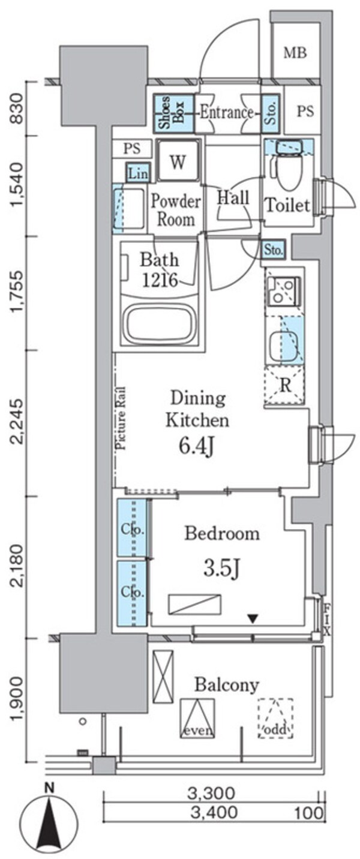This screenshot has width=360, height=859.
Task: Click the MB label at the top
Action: (295, 53)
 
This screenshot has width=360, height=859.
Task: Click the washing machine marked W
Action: (178, 161)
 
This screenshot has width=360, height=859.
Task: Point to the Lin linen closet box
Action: (138, 173)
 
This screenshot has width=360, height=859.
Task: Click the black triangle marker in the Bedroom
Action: (252, 618)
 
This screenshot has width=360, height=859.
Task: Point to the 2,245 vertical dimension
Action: (18, 422)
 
